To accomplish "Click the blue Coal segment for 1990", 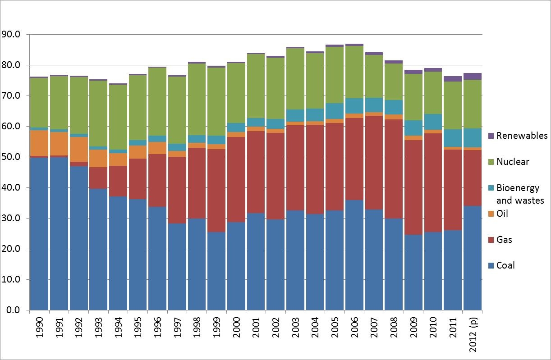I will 39,234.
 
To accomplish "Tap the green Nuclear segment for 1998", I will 197,99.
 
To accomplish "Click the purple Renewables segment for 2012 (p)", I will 472,76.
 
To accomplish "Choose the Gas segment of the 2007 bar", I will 374,163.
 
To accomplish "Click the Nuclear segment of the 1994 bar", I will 118,117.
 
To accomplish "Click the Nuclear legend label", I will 513,162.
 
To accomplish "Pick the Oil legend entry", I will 502,214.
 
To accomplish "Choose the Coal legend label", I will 505,265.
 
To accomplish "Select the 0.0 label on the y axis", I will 14,310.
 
